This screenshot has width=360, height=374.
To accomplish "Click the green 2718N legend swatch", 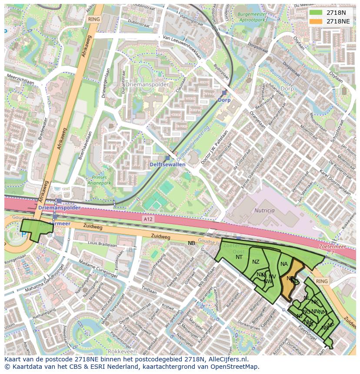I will point(317,13).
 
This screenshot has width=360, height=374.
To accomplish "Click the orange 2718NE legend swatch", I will point(317,21).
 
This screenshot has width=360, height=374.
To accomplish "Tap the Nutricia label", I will point(265,210).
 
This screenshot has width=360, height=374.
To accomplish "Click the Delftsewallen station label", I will point(167,165).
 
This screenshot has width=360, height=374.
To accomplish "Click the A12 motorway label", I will point(148,220).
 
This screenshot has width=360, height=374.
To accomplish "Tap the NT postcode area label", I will point(239,257).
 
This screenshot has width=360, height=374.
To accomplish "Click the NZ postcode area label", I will point(256,261).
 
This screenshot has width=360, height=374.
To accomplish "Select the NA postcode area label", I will point(284,264).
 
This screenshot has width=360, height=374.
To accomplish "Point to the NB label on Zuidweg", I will point(191,243).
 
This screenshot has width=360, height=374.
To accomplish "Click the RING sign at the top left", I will point(93,19).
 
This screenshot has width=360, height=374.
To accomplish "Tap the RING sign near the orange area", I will point(322,281).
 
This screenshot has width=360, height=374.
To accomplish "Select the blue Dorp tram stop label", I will point(224,100).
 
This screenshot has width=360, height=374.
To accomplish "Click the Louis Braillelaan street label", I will point(102,245).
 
